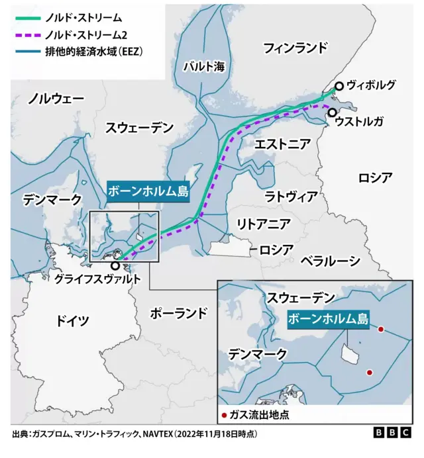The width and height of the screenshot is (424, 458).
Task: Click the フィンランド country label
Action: (x=295, y=48)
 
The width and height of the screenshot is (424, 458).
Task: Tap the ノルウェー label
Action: (x=56, y=99)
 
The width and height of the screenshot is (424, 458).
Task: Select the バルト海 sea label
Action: (x=204, y=66)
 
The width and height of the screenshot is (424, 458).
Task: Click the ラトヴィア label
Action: (x=291, y=197)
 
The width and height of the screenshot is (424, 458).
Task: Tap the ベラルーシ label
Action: (x=330, y=260)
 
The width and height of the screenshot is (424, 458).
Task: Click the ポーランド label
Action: (x=179, y=312)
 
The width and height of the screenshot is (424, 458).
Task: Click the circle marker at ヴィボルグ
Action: (x=339, y=86)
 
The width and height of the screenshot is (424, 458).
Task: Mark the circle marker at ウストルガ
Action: (x=332, y=113)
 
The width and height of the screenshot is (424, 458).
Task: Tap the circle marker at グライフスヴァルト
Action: (x=116, y=265)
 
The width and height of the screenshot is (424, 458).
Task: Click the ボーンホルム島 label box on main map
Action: (x=148, y=193)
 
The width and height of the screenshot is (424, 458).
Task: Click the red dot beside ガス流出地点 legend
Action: (x=224, y=416)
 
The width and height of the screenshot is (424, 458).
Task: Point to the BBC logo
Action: (x=393, y=433)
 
